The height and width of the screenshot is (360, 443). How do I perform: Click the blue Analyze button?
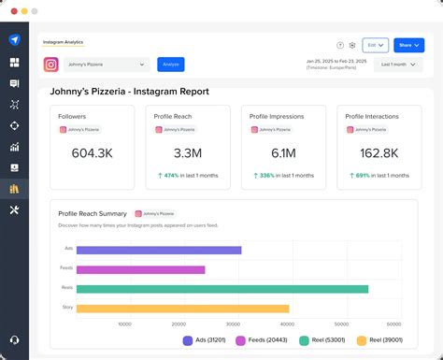coord(170,65)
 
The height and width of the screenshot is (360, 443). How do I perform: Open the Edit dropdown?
coord(375,45)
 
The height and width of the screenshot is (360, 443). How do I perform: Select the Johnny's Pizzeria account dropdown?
coord(107,65)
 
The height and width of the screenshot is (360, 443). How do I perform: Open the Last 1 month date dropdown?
coord(398,65)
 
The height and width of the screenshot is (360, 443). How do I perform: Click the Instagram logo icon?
coord(51,65)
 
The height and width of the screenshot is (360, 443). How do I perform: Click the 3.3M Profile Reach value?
coord(188,153)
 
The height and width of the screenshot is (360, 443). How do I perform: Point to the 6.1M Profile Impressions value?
coord(283,153)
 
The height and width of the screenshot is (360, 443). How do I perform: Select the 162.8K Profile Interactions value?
coord(379,153)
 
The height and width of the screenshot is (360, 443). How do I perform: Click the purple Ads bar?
coord(159,250)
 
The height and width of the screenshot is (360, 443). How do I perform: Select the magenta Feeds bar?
coord(140,269)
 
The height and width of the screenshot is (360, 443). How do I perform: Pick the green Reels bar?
coord(221,289)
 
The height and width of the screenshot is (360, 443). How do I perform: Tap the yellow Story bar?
coord(182,309)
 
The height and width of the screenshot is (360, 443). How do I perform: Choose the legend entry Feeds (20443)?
coord(262,341)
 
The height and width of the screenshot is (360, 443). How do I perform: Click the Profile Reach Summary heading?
coord(92,214)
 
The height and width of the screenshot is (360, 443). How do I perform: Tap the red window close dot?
coord(10,10)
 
